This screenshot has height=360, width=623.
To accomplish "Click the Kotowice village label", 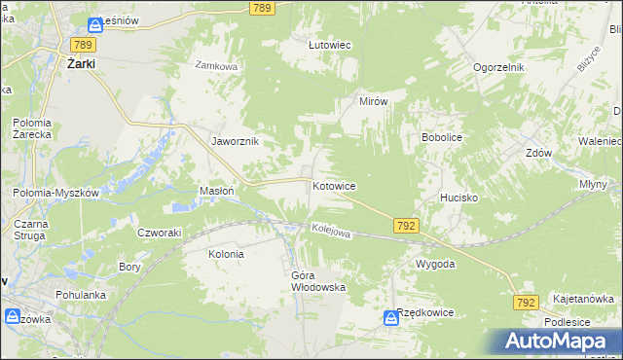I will click(x=333, y=185).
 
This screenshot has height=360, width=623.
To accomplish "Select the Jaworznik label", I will click(x=235, y=141).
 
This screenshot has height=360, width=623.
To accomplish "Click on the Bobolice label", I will click(x=441, y=138).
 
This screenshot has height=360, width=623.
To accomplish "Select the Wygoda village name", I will click(x=435, y=264).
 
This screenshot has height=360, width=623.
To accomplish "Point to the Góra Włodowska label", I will click(x=318, y=281).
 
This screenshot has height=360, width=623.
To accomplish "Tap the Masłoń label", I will click(x=216, y=191).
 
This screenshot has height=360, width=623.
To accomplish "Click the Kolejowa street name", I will click(x=330, y=231).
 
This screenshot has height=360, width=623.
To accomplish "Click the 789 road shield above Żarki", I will click(x=82, y=45).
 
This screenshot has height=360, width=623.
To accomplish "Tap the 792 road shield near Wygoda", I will click(x=407, y=226).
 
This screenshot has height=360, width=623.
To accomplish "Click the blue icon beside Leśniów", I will click(x=94, y=25).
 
